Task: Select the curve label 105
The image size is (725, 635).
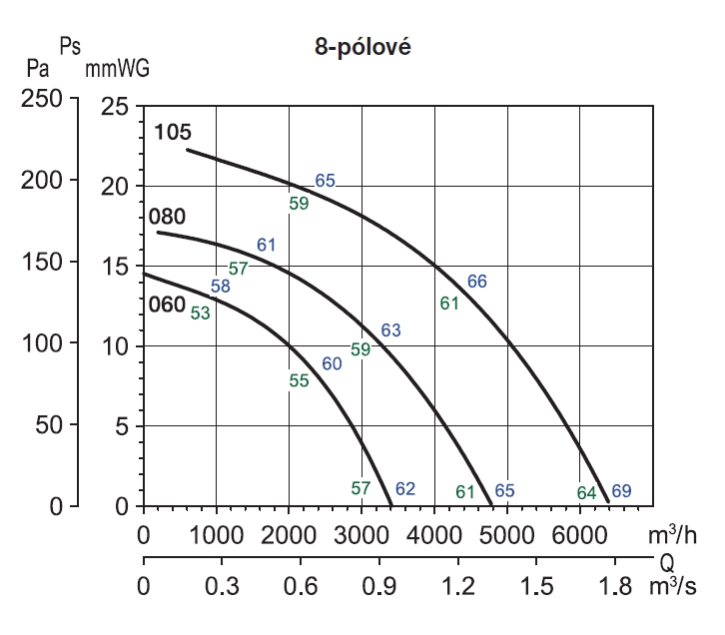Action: click(x=173, y=134)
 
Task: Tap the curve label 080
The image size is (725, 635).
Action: click(x=169, y=217)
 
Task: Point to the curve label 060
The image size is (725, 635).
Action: click(x=167, y=306)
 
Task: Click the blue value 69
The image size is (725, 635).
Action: click(x=621, y=490)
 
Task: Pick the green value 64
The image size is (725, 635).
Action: click(x=586, y=492)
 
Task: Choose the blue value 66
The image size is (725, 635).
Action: click(x=477, y=282)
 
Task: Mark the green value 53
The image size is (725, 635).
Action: click(x=201, y=314)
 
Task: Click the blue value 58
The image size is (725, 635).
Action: click(x=221, y=287)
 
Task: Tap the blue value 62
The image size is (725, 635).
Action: click(x=404, y=489)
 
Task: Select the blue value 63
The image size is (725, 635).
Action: click(x=390, y=330)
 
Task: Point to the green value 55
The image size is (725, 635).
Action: click(x=299, y=380)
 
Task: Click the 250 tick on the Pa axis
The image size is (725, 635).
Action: click(x=42, y=101)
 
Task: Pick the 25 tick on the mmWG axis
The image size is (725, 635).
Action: click(x=117, y=106)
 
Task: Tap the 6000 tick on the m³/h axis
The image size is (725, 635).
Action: click(x=580, y=533)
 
